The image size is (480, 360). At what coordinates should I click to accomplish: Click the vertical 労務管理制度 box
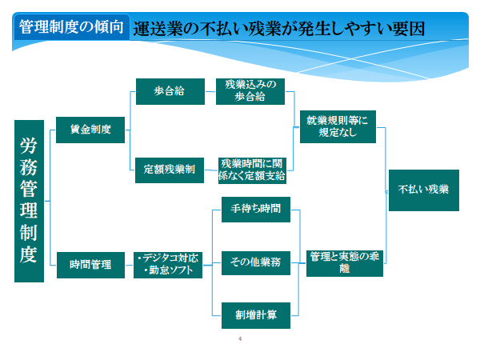coord(29,201)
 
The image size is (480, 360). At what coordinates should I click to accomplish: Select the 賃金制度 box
coord(90,130)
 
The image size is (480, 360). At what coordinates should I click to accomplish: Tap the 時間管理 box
coord(90,265)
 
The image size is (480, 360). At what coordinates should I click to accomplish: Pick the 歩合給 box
coord(170,91)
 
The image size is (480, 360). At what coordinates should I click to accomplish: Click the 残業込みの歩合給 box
coord(250,91)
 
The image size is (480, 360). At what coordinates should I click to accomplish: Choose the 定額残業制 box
coord(170,170)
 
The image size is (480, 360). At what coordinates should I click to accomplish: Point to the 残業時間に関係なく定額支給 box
coord(252,170)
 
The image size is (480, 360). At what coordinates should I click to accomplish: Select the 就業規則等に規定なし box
coord(338,126)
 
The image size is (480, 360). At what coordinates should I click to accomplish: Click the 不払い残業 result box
coord(424,190)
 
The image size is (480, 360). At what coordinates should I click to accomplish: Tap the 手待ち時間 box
coord(256,210)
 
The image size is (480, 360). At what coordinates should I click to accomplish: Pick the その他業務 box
coord(256,263)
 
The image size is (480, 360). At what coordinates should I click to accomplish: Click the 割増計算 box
coord(256,315)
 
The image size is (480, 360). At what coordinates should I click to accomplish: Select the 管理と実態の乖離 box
coord(345,263)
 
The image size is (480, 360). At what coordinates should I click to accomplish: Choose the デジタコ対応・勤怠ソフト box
coord(168,265)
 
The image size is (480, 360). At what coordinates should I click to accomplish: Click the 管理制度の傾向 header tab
coord(71,27)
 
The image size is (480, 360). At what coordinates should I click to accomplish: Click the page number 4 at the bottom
coord(240,338)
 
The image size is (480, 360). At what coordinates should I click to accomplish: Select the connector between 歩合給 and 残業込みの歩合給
coord(210,91)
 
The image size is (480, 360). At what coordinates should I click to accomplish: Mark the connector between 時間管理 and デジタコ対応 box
coord(129,265)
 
